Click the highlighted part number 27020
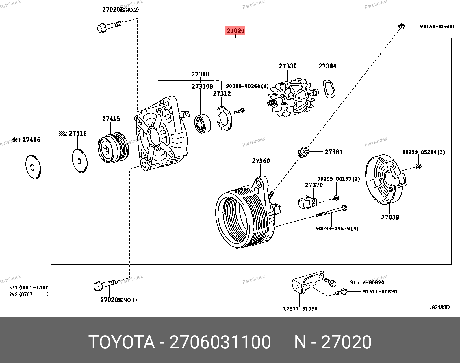click(x=235, y=31)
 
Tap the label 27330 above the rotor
click(x=287, y=66)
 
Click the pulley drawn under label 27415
click(x=113, y=148)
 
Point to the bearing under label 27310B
click(x=202, y=124)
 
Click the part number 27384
click(x=327, y=66)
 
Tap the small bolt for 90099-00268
click(x=240, y=111)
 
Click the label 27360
click(x=261, y=161)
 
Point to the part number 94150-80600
click(x=437, y=27)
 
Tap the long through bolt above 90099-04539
click(x=332, y=211)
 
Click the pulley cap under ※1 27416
click(x=33, y=167)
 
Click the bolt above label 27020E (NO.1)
click(x=105, y=285)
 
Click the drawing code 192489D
click(x=439, y=307)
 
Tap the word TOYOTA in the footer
click(x=122, y=342)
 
